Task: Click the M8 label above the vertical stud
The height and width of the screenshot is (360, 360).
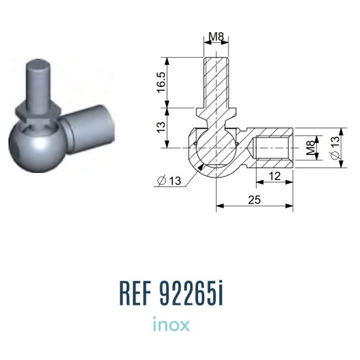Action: [216, 37]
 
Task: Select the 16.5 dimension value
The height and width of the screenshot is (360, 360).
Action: [161, 82]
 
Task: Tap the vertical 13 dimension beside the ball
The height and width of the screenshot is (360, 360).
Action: [161, 127]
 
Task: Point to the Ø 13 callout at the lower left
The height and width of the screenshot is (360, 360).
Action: [169, 181]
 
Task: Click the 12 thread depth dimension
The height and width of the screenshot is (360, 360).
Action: [275, 176]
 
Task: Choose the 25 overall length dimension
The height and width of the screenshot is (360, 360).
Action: [254, 200]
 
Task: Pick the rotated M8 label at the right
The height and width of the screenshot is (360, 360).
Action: [310, 148]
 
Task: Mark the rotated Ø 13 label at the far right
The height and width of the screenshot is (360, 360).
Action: [335, 147]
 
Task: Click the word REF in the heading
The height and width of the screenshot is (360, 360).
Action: [135, 293]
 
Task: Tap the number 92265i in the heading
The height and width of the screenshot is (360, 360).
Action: [191, 293]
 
